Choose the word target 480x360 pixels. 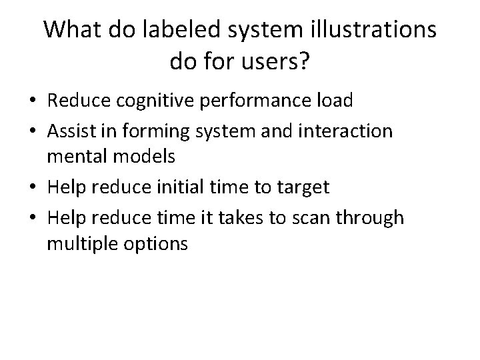point(303,187)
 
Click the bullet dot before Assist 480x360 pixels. point(32,130)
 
